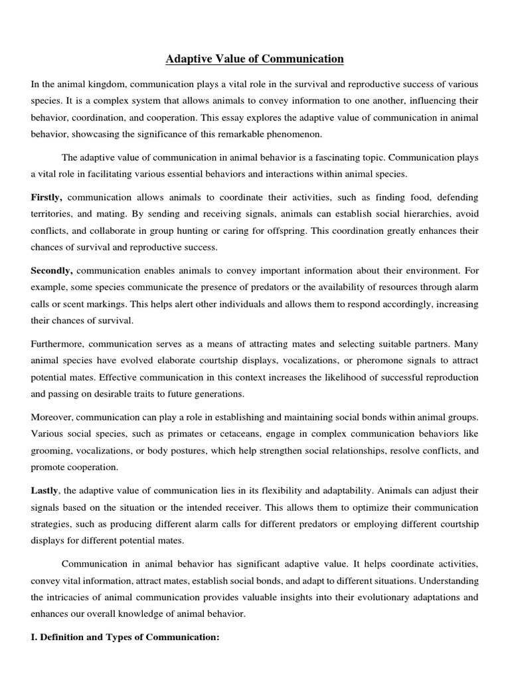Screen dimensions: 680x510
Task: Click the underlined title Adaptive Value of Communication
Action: point(255,60)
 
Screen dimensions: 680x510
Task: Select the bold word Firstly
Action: point(46,198)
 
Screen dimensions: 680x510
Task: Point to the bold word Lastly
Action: point(44,490)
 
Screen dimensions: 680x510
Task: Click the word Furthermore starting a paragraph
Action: point(58,343)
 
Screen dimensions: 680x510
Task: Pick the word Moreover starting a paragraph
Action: point(52,417)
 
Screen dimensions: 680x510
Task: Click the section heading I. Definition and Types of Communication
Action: point(125,637)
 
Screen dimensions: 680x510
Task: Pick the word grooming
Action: point(52,450)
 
